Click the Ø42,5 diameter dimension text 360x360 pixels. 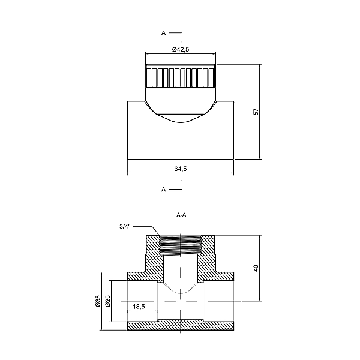coord(181,49)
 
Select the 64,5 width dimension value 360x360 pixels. coord(181,169)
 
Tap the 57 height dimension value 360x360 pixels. coord(256,112)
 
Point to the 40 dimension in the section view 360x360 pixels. coord(256,268)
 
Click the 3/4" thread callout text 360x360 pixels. coord(125,227)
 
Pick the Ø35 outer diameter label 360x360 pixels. coord(98,301)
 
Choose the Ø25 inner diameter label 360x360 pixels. coord(107,301)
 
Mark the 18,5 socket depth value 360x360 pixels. coord(139,307)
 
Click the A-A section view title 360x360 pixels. coord(181,215)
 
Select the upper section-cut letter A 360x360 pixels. coord(163,33)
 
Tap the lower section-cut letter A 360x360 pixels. coord(163,190)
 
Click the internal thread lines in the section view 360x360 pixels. coord(181,245)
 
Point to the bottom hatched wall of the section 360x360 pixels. coord(181,325)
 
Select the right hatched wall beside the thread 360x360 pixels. coord(208,258)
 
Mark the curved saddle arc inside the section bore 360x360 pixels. coord(181,289)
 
